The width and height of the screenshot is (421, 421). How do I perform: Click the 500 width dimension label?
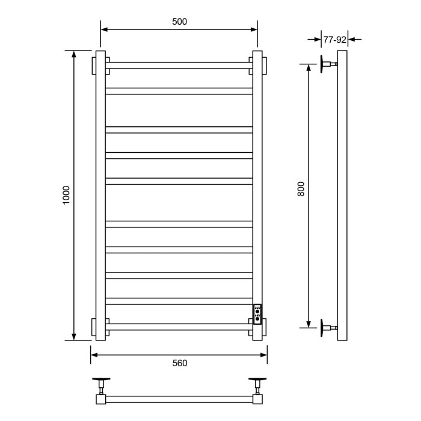[x=179, y=22]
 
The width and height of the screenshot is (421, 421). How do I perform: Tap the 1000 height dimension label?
[x=67, y=195]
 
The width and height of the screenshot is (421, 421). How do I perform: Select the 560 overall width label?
[x=179, y=363]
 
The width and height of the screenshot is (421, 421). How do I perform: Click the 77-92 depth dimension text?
[x=334, y=40]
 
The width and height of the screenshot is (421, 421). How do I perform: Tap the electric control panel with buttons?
[x=257, y=313]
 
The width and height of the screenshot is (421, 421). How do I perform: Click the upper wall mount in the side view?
[x=327, y=64]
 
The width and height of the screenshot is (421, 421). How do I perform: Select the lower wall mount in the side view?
[x=327, y=328]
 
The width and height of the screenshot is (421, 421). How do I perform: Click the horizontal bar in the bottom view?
[x=179, y=398]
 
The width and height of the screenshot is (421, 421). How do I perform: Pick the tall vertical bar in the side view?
[x=342, y=195]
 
